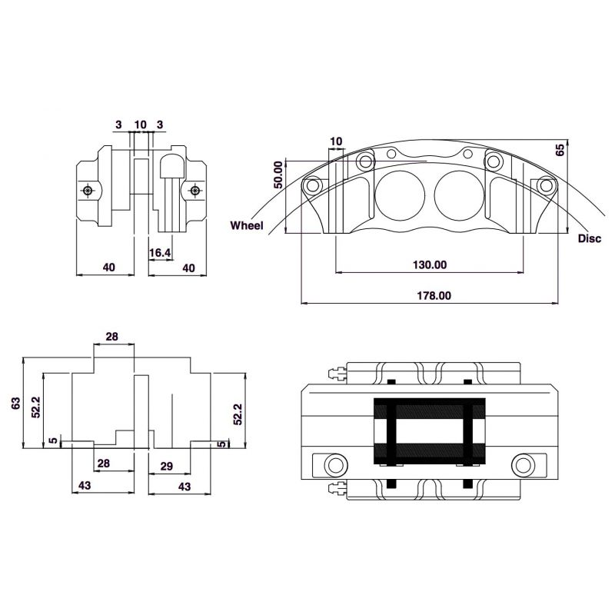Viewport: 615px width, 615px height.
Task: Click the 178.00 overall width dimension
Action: point(434,295)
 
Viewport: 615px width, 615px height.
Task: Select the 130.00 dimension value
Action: point(430,264)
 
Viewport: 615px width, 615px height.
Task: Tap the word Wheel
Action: point(247,225)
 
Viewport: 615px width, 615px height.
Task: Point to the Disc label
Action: point(589,238)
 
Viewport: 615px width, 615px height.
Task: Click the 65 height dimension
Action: point(560,150)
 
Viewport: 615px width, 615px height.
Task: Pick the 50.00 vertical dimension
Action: point(278,175)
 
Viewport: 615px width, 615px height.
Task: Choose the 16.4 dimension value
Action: point(160,253)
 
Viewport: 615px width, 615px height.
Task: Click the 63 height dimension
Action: point(15,403)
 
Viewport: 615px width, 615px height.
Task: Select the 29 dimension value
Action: point(167,466)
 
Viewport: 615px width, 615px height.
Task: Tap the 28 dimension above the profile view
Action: point(111,337)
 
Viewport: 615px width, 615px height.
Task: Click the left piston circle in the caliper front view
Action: point(400,195)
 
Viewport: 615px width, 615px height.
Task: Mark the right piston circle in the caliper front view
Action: point(459,195)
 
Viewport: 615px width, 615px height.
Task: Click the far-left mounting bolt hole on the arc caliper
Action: point(313,184)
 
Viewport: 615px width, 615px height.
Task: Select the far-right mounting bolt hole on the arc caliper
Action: point(546,184)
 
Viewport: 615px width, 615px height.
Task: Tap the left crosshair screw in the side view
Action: point(88,191)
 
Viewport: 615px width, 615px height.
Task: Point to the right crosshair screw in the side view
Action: point(195,191)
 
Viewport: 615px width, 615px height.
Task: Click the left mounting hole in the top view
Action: point(336,465)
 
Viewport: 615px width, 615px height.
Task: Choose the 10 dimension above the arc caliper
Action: point(336,141)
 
